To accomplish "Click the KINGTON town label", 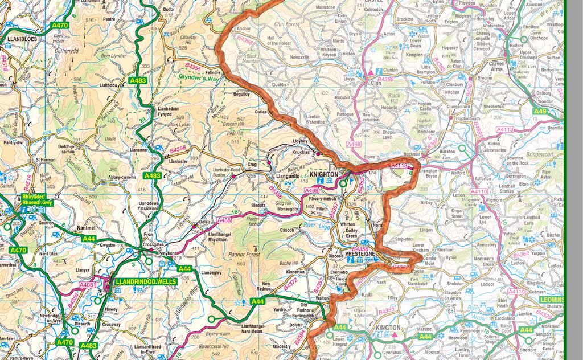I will [x=388, y=328].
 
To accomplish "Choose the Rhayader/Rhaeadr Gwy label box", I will [x=36, y=199].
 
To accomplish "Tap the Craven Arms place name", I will [x=496, y=66].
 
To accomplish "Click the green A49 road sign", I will [x=540, y=112].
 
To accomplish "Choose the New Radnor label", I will [x=270, y=287].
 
